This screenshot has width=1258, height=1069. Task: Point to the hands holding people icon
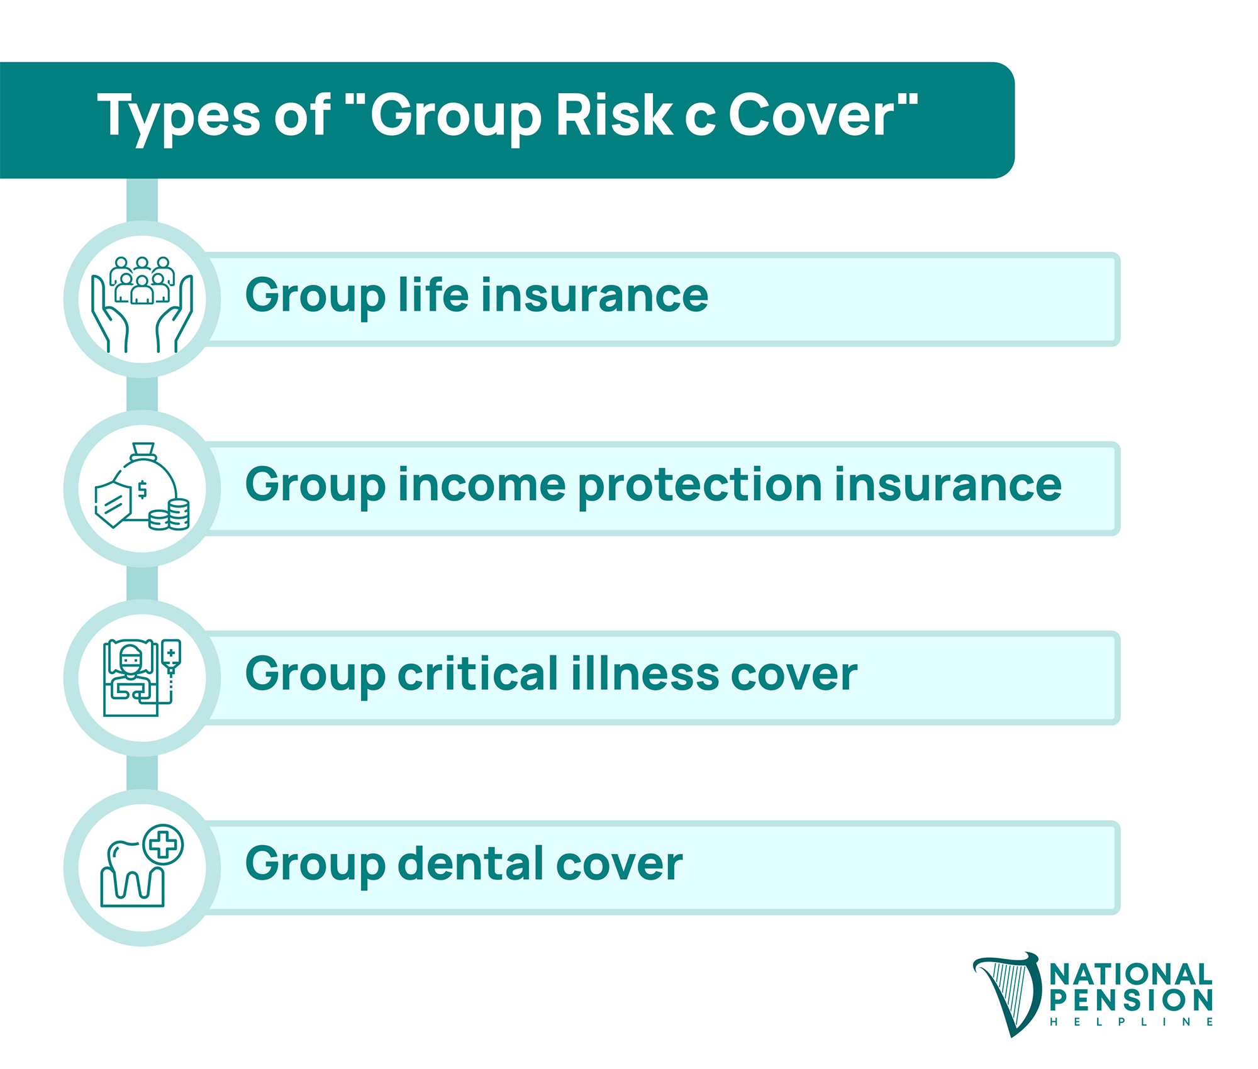(x=142, y=304)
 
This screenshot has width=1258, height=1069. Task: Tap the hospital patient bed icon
(x=142, y=677)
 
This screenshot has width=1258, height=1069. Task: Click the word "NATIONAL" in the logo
(x=1131, y=975)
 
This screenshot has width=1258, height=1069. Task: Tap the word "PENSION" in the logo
(x=1131, y=1000)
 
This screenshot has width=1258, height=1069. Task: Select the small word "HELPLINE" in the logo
(x=1131, y=1022)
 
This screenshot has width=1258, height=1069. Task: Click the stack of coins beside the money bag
(x=169, y=515)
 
